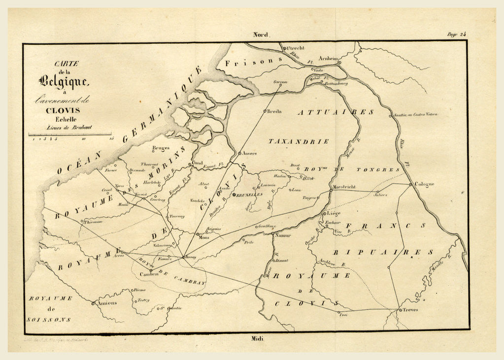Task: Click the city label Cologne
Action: tap(424, 185)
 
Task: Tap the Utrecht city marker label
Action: tap(297, 48)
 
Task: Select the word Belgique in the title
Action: tap(64, 80)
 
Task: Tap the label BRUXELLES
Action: tap(249, 195)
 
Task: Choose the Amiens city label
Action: tap(106, 303)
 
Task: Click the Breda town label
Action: tap(274, 111)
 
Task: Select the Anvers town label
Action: tap(249, 153)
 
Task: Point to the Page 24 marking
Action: tap(456, 34)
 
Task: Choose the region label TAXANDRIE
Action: tap(298, 141)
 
